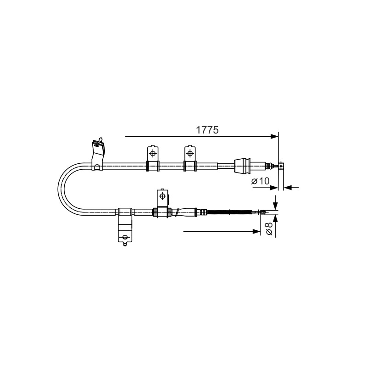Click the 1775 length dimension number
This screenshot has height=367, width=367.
click(207, 130)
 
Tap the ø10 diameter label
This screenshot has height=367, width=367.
click(260, 181)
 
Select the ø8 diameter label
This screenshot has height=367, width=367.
click(269, 228)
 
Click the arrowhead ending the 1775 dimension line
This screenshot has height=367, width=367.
click(274, 136)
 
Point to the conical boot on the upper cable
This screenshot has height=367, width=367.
click(243, 166)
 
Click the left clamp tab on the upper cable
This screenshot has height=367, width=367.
click(153, 158)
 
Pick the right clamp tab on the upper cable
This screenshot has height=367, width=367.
click(190, 158)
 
